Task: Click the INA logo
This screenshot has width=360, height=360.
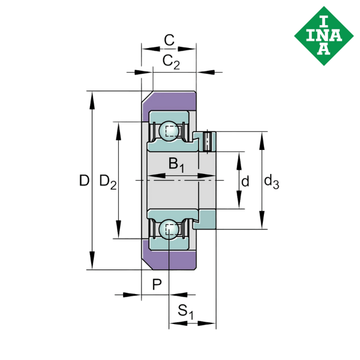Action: click(x=323, y=34)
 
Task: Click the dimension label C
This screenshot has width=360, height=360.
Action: click(x=169, y=41)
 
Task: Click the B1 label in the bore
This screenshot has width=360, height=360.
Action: click(x=176, y=163)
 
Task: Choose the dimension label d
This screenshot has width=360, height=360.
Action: click(x=245, y=181)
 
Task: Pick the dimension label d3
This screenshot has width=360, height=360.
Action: click(x=271, y=181)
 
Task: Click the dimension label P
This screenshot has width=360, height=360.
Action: click(x=157, y=284)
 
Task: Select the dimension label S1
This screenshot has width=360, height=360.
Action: click(x=187, y=312)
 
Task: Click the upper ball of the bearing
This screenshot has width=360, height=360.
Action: click(x=169, y=130)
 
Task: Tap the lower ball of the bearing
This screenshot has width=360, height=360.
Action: click(x=169, y=229)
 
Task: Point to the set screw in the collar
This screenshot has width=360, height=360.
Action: click(x=208, y=140)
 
